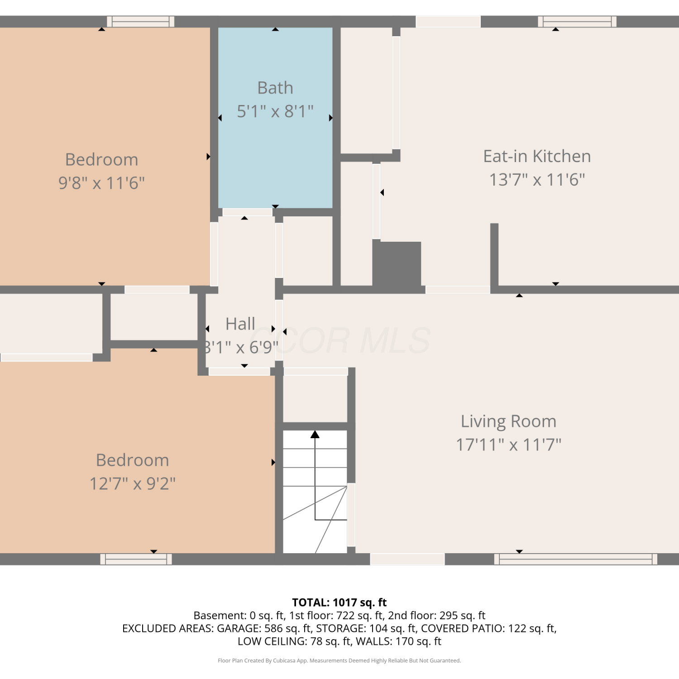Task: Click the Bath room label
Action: (275, 88)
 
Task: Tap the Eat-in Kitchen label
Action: (537, 156)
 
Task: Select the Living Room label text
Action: (508, 421)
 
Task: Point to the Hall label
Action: (240, 324)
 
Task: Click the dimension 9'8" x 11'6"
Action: (101, 183)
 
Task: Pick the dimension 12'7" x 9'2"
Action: (133, 483)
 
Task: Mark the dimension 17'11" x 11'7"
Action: (508, 445)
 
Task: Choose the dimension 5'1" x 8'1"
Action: (275, 111)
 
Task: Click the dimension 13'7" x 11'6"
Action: (537, 180)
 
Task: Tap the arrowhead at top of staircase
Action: (315, 435)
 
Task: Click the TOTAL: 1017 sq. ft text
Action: (339, 602)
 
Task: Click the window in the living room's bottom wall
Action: (576, 559)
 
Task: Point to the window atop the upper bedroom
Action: (141, 21)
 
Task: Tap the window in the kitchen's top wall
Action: (577, 21)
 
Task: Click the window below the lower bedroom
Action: (136, 559)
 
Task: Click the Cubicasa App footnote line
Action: (339, 660)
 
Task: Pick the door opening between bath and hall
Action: (248, 212)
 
